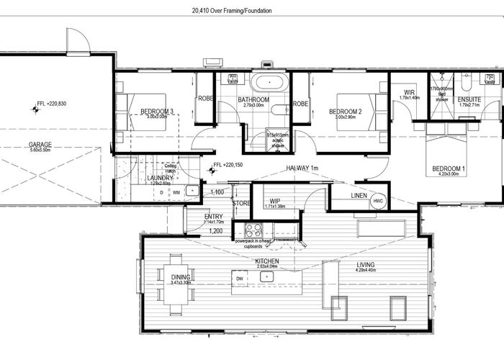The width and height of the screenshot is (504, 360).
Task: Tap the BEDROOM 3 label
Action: point(156,111)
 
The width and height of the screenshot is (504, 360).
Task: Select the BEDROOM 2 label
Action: point(345,111)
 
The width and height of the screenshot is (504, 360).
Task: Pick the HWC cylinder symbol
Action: point(379,202)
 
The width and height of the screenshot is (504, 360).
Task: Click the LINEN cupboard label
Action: point(358,196)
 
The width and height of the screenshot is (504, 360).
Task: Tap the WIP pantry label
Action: point(274,201)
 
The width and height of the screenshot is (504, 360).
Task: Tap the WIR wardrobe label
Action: point(409,92)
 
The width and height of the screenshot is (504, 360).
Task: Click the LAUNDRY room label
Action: point(158,178)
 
